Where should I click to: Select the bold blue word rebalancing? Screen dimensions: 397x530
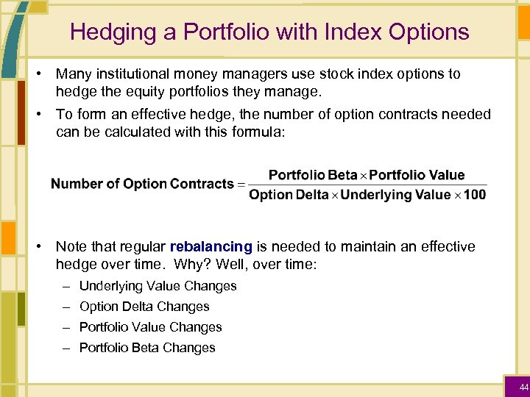tap(211, 246)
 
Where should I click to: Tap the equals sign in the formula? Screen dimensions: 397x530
tap(240, 185)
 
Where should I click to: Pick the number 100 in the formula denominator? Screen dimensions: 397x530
tap(475, 195)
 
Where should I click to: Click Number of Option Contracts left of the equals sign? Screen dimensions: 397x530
tap(142, 184)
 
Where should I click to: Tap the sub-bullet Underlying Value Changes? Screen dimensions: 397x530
tap(158, 286)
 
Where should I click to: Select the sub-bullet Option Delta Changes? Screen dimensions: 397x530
tap(144, 307)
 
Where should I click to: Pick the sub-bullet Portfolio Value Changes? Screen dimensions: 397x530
tap(150, 327)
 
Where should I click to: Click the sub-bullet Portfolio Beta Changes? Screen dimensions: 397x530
tap(147, 348)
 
